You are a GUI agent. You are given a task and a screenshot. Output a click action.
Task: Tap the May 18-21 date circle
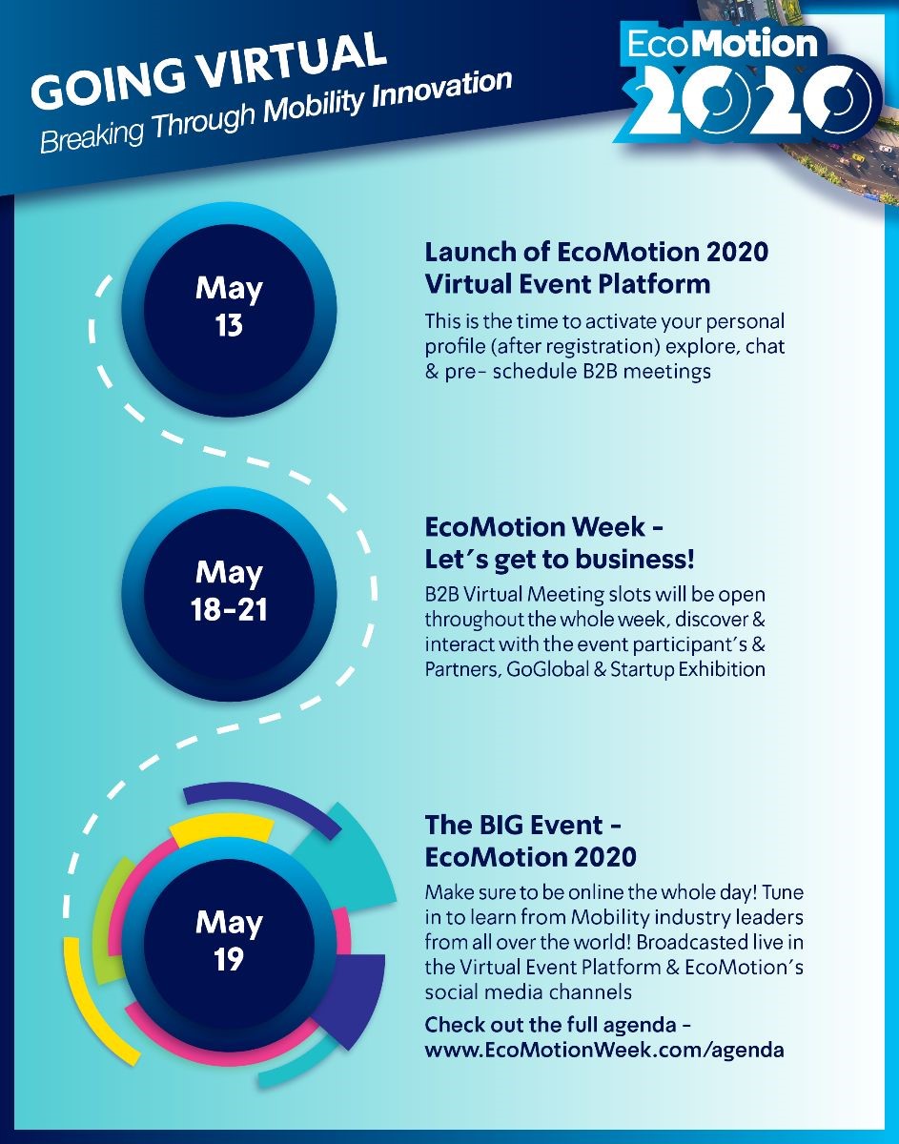tap(229, 592)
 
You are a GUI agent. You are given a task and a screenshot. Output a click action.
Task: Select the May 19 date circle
tap(229, 941)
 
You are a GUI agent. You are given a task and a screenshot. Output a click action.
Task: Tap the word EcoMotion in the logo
tap(722, 44)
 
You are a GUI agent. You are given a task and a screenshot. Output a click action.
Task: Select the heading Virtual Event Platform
tap(567, 284)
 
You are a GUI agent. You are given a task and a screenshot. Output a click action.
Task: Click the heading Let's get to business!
tap(560, 559)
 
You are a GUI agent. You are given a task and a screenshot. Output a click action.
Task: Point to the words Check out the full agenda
tap(550, 1025)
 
